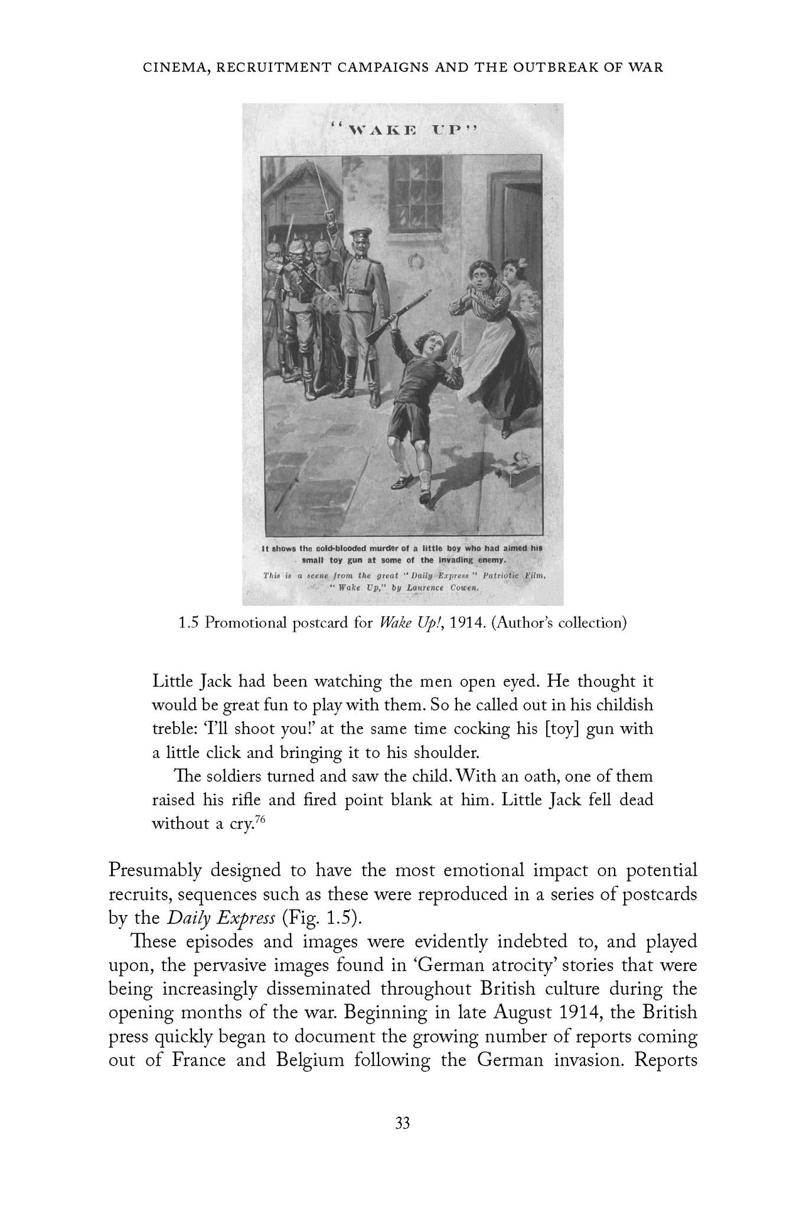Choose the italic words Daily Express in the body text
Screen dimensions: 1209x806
[x=221, y=918]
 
